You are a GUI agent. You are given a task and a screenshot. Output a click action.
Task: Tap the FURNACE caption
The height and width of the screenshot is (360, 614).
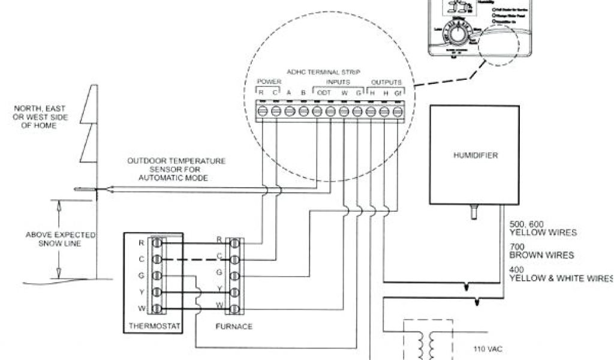tap(233, 326)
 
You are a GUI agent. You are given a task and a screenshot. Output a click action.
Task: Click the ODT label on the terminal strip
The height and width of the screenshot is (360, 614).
tap(323, 92)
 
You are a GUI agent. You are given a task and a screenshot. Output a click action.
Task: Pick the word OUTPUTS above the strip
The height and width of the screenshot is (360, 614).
tap(386, 82)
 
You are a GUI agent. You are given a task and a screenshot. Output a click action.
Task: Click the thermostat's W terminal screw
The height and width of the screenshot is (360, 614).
tap(157, 309)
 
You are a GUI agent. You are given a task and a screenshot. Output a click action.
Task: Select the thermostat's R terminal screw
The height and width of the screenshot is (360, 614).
tap(157, 244)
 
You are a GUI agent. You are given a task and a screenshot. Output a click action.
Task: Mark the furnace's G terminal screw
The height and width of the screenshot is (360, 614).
tap(234, 277)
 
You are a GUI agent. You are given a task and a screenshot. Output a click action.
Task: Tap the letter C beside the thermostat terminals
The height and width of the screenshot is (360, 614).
tap(142, 259)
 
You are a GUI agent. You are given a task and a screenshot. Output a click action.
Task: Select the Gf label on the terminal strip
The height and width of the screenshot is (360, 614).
tap(398, 92)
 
